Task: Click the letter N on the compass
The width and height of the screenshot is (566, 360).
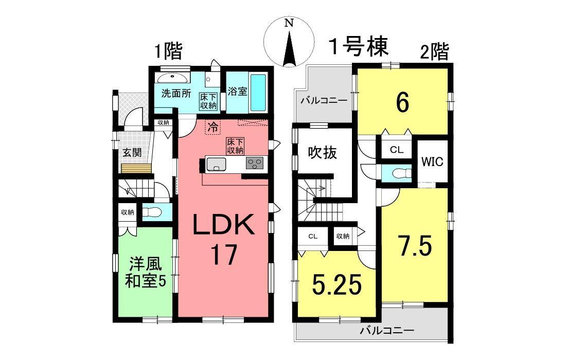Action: [x=289, y=23]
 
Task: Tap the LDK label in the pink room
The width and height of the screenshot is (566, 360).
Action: [x=224, y=225]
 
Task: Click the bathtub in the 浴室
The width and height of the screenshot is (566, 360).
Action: [x=258, y=93]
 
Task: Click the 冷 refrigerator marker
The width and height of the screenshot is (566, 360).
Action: [x=213, y=127]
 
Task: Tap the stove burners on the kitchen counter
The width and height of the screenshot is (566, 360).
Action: [x=255, y=164]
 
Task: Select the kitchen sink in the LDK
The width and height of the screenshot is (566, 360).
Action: [x=216, y=165]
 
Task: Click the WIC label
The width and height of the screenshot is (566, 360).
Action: [x=432, y=161]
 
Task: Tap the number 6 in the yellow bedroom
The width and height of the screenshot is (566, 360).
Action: [x=402, y=103]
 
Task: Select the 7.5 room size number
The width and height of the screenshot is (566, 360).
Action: [x=415, y=246]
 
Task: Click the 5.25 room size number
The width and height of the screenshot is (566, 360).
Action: [x=337, y=284]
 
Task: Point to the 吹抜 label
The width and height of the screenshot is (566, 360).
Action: [x=322, y=153]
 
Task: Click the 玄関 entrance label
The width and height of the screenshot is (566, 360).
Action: [x=132, y=153]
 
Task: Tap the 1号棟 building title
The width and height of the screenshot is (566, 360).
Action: [x=358, y=46]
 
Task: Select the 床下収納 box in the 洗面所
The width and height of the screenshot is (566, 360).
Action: [x=208, y=101]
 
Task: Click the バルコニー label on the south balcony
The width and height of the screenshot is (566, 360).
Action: [x=387, y=330]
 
